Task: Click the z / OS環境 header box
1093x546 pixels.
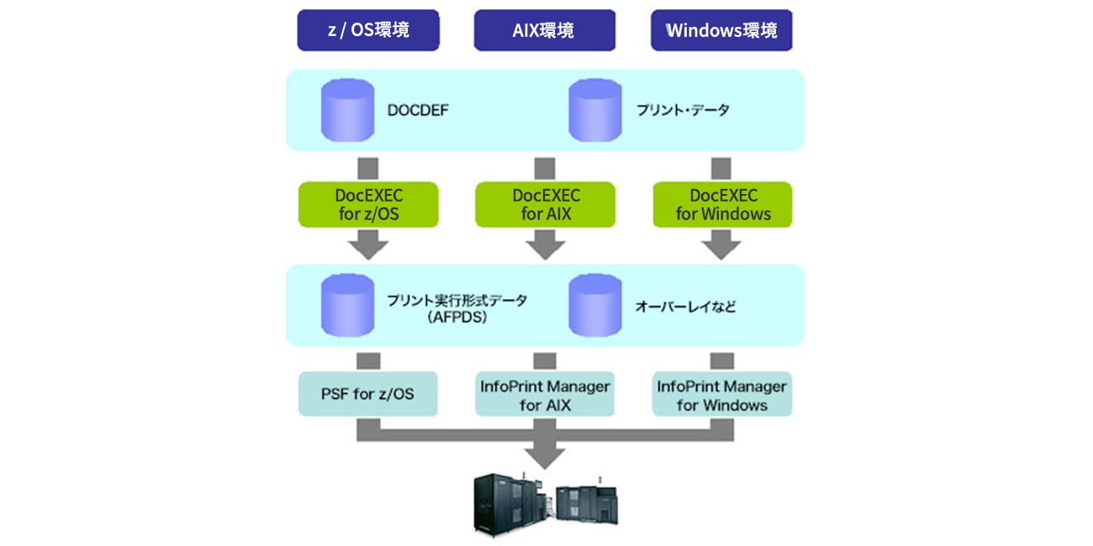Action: [368, 30]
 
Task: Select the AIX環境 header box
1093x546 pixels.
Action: [544, 30]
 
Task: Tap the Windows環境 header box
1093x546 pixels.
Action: [721, 30]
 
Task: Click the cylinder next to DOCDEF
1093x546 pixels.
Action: [348, 109]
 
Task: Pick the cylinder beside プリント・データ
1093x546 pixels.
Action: [595, 109]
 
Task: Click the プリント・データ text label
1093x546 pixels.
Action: [683, 110]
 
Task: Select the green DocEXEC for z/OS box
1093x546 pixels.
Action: [368, 205]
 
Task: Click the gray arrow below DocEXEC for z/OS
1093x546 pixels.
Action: [368, 245]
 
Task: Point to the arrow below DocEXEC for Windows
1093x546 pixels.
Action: [722, 245]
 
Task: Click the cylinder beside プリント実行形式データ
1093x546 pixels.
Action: [348, 306]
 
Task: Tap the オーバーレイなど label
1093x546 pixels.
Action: [684, 307]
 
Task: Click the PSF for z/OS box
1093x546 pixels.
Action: [368, 393]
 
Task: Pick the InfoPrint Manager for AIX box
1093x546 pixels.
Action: [545, 395]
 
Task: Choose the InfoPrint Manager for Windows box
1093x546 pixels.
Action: [722, 395]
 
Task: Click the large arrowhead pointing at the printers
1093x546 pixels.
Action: [545, 455]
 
